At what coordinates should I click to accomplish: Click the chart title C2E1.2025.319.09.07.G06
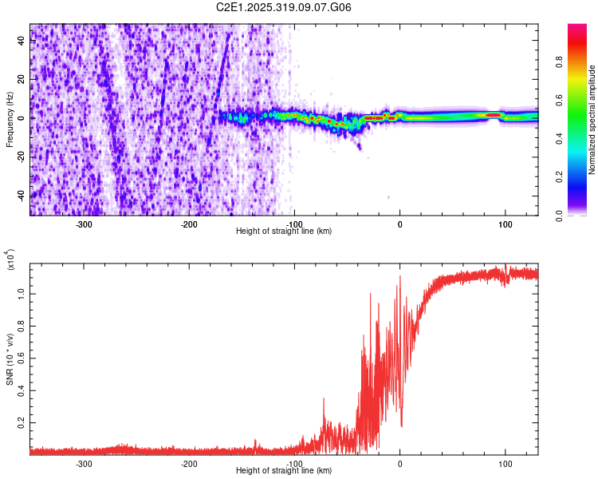285,7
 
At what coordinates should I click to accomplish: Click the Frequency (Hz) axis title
10,120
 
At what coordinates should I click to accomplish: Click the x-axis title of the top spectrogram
285,231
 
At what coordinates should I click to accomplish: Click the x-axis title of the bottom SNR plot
285,470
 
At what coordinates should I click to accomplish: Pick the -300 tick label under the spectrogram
84,224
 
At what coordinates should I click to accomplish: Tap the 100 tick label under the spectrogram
505,224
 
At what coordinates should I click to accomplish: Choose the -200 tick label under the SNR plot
189,463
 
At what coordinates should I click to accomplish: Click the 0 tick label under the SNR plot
400,463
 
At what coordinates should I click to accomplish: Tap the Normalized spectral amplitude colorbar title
592,120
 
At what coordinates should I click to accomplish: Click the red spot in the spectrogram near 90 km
494,115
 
